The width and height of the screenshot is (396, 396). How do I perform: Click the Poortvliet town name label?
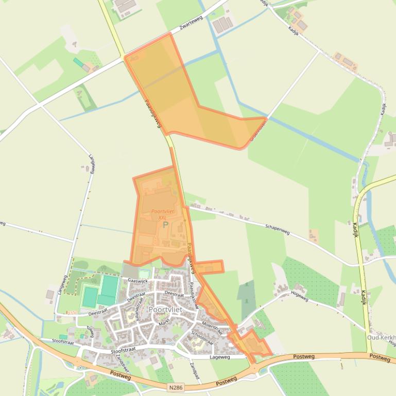[x=165, y=310]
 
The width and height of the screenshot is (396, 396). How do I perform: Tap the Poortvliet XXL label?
[x=163, y=214]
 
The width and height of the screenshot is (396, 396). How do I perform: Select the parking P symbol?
[x=165, y=225]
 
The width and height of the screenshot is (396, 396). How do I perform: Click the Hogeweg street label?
[x=299, y=296]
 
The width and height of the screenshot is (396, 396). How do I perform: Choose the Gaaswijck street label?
[x=137, y=281]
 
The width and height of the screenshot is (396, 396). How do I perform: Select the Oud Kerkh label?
[x=381, y=337]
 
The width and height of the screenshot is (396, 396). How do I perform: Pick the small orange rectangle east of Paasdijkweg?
[x=209, y=266]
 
